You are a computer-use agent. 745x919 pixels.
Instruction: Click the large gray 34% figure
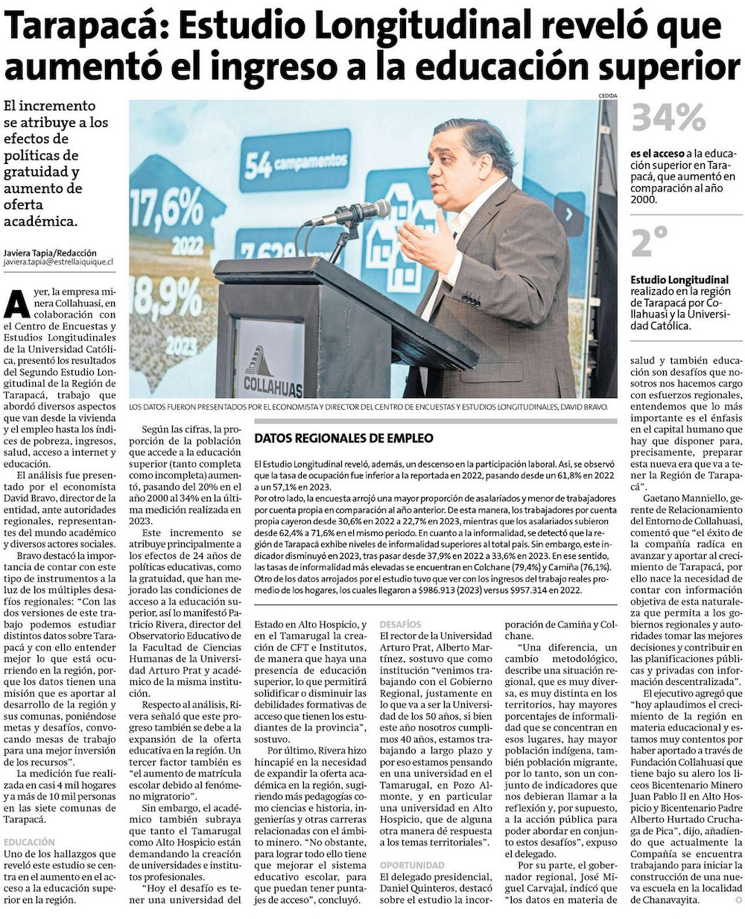(668, 118)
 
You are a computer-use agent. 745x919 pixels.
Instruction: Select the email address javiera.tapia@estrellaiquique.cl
(58, 262)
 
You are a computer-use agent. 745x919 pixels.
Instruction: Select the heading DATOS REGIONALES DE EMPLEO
(343, 438)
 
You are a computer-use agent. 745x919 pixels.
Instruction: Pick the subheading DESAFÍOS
(400, 624)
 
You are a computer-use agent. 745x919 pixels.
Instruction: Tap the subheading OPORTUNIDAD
(412, 865)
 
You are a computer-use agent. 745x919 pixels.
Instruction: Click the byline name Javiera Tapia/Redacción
(50, 253)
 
